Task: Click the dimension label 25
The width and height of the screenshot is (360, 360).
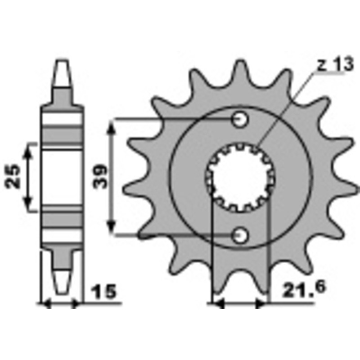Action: pyautogui.click(x=13, y=176)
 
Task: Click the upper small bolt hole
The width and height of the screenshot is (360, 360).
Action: pyautogui.click(x=240, y=119)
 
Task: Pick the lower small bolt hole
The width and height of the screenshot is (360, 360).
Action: pyautogui.click(x=240, y=234)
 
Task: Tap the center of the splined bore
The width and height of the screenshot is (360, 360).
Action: pyautogui.click(x=240, y=177)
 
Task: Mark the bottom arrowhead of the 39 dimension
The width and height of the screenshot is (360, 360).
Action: pyautogui.click(x=112, y=229)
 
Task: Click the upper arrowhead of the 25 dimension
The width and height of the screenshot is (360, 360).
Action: pyautogui.click(x=30, y=148)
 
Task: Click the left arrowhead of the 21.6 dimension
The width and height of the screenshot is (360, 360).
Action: pyautogui.click(x=217, y=304)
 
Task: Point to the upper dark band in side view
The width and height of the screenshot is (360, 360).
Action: pyautogui.click(x=63, y=134)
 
